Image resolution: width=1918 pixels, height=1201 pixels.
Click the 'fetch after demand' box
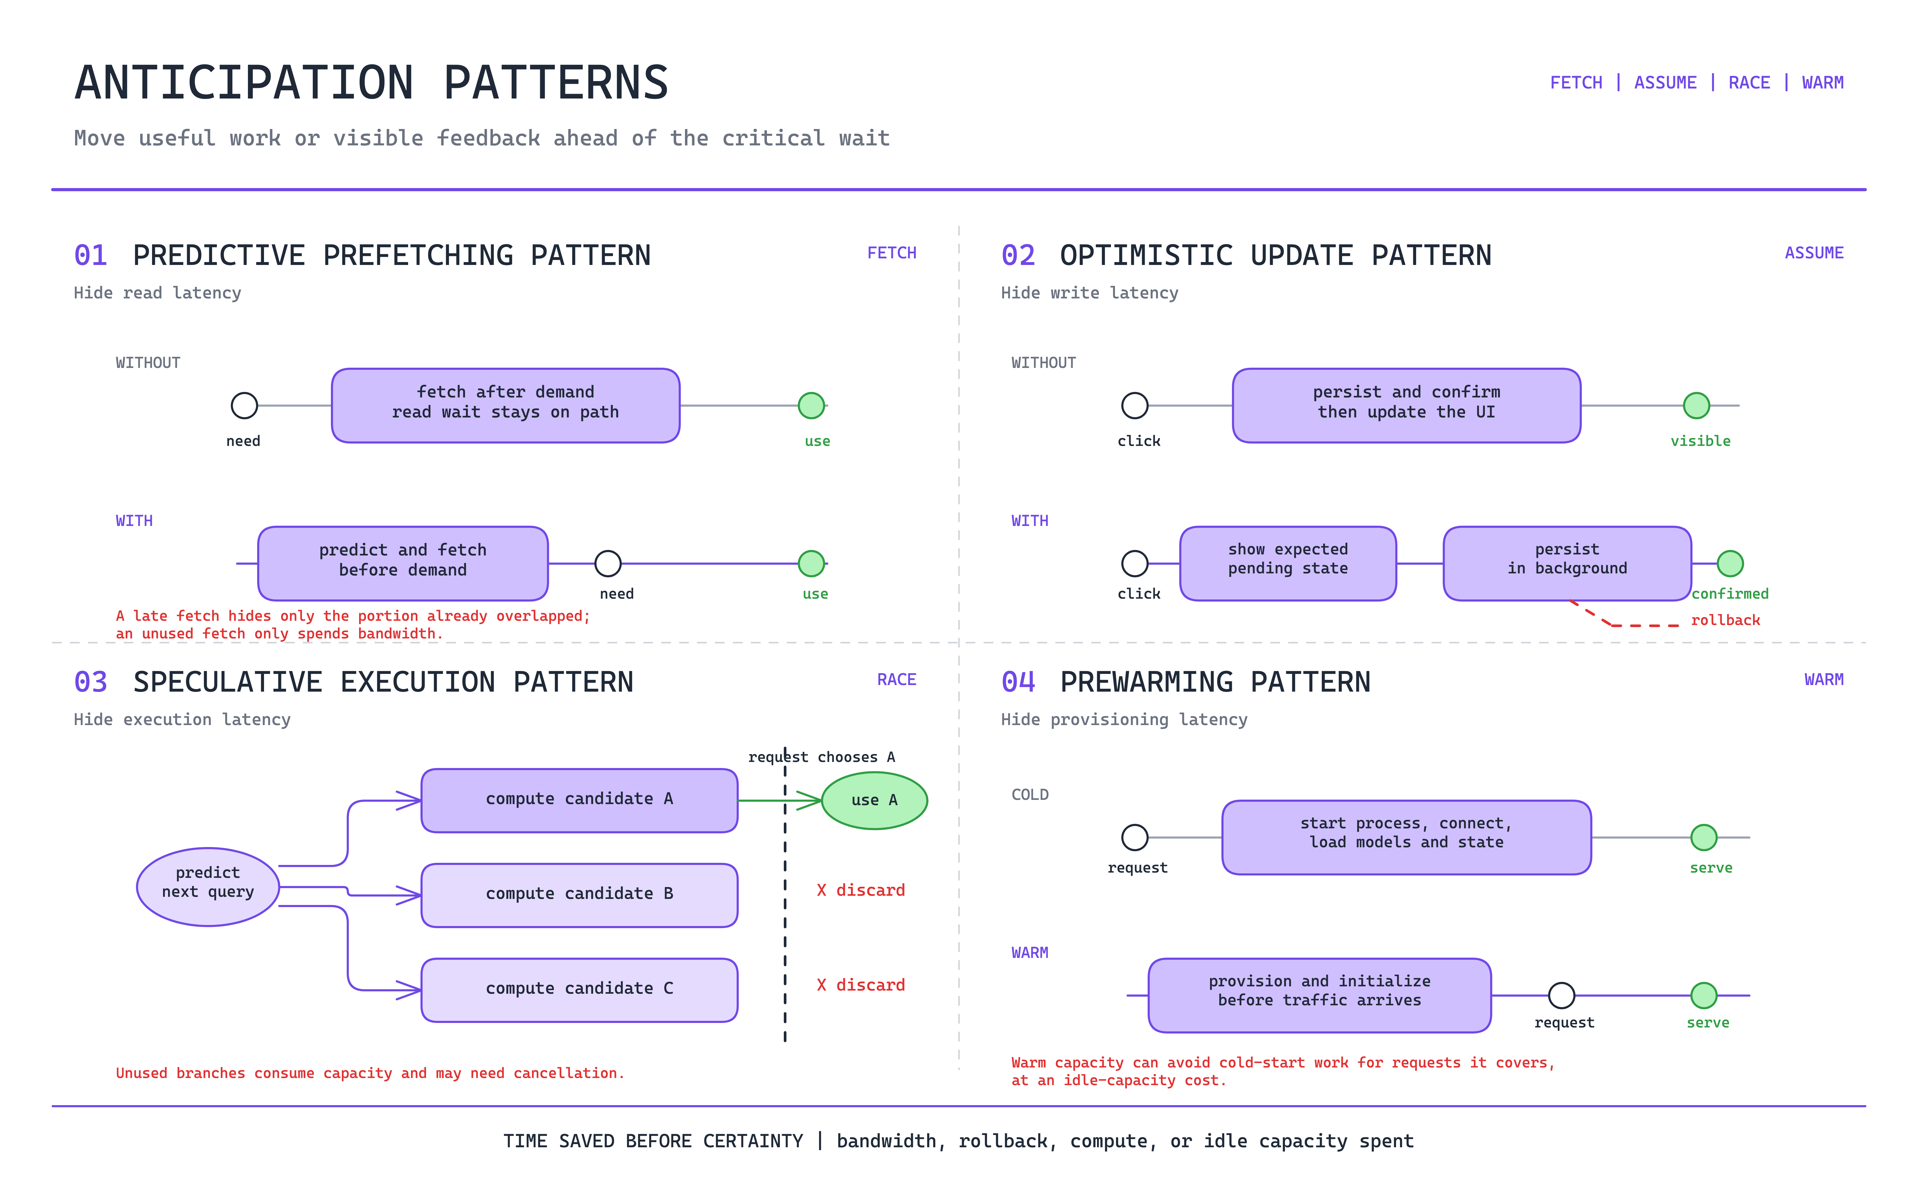click(x=505, y=405)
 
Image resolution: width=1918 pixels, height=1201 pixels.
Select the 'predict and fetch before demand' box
click(x=403, y=563)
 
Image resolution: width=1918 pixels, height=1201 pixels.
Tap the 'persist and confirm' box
click(x=1406, y=405)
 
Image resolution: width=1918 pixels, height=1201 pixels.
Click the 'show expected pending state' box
click(x=1288, y=563)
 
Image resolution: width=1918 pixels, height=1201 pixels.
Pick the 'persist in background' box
click(x=1567, y=563)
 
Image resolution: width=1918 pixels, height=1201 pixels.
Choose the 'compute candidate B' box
click(x=579, y=895)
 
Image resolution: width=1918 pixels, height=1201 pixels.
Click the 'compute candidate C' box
click(x=579, y=990)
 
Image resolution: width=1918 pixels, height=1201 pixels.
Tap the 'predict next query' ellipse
click(x=208, y=887)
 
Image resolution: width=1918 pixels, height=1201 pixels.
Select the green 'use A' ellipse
click(x=874, y=801)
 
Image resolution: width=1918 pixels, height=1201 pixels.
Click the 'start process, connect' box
click(x=1406, y=837)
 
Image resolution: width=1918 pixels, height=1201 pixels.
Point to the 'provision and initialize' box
click(x=1320, y=995)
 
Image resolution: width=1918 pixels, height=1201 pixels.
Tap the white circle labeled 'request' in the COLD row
click(x=1134, y=837)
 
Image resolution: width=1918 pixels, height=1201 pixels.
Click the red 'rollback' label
click(x=1725, y=620)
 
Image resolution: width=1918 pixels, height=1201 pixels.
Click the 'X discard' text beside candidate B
click(x=860, y=890)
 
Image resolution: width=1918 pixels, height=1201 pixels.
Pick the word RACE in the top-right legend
click(x=1749, y=83)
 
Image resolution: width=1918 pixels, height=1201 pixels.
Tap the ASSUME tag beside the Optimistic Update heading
click(x=1814, y=253)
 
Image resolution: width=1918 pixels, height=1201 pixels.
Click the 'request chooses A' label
click(x=821, y=757)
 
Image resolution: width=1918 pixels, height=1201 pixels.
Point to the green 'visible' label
click(x=1700, y=441)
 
